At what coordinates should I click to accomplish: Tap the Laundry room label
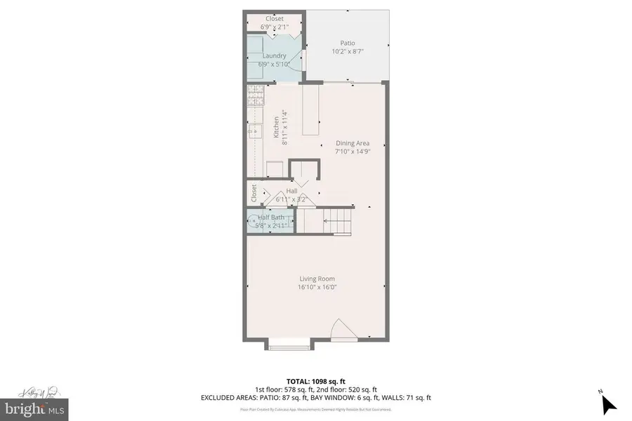coord(274,55)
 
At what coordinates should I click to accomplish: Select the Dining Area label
coord(352,143)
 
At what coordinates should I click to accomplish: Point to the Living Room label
coord(317,279)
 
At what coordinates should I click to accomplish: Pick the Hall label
coord(291,191)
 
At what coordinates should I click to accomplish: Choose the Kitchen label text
coord(275,127)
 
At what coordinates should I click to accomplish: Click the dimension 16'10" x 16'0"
coord(317,287)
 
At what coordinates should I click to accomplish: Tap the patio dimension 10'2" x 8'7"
coord(348,51)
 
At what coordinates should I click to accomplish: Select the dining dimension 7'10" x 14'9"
coord(352,151)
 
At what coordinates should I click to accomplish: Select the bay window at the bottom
coord(289,344)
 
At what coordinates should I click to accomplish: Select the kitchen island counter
coord(310,108)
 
